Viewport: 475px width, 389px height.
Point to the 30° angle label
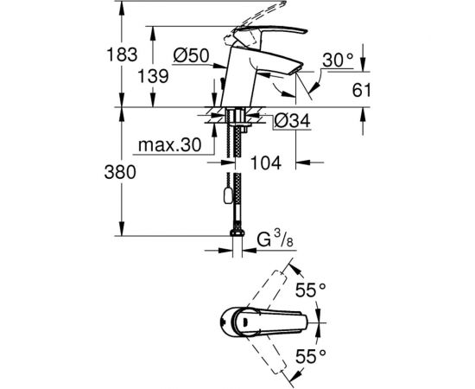click(338, 61)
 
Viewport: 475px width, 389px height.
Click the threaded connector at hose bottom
click(235, 232)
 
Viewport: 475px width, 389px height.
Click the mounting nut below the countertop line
click(235, 118)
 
